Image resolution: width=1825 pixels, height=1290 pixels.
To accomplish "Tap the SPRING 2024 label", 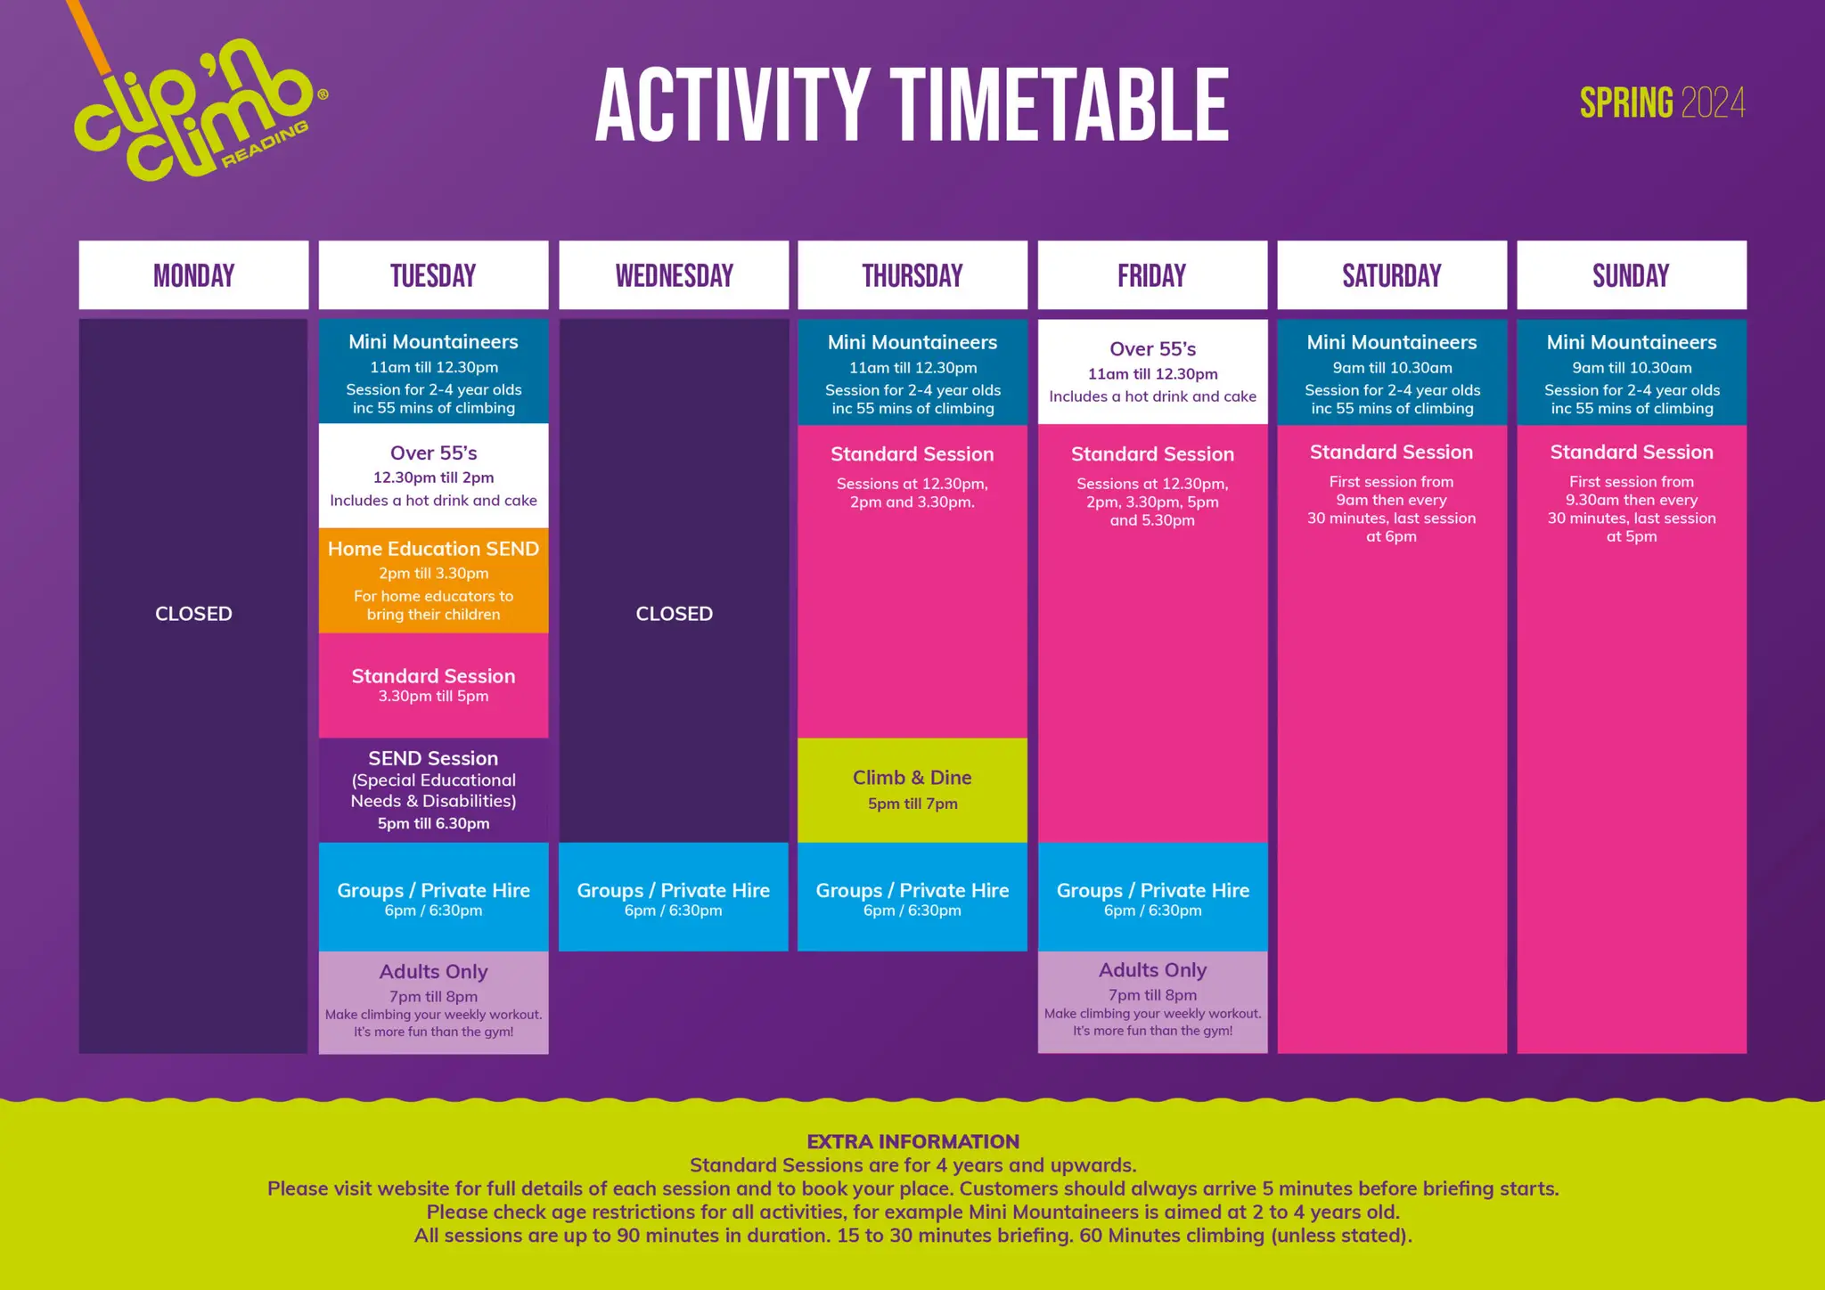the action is pos(1662,103).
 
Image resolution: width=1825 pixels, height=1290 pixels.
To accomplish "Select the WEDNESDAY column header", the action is pos(674,275).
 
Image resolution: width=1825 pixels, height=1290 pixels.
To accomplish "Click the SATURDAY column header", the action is pos(1392,275).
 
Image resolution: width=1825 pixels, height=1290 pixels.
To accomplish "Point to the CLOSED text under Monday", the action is pos(193,614).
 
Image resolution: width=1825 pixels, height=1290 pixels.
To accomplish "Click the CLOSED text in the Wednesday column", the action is pos(674,614).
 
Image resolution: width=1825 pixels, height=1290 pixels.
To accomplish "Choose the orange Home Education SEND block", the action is pos(433,580).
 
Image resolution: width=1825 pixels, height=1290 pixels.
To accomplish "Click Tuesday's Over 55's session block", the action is pos(433,476).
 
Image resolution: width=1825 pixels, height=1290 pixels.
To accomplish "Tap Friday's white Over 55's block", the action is pos(1152,371).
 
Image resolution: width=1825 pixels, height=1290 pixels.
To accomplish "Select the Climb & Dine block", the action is pos(912,790).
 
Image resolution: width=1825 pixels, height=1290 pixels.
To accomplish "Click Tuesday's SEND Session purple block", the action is pos(433,790).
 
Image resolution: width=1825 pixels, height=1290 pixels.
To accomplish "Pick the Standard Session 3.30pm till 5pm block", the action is pos(433,685).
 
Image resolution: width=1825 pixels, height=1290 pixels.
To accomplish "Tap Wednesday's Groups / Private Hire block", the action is pos(674,897).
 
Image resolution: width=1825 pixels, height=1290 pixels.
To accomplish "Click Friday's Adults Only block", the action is pos(1152,1002).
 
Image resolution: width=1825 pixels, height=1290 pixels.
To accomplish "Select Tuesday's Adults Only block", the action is pos(433,1003).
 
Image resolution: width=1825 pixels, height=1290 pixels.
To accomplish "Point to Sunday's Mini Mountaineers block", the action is pos(1632,372).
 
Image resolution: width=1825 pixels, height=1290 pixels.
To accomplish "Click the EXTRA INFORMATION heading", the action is pos(912,1141).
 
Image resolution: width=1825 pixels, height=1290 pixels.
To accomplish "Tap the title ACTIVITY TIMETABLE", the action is pos(912,105).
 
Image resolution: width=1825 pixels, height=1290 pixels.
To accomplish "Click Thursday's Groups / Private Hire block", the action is pos(912,897).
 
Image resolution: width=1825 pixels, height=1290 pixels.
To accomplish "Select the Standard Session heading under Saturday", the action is pos(1391,452).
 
